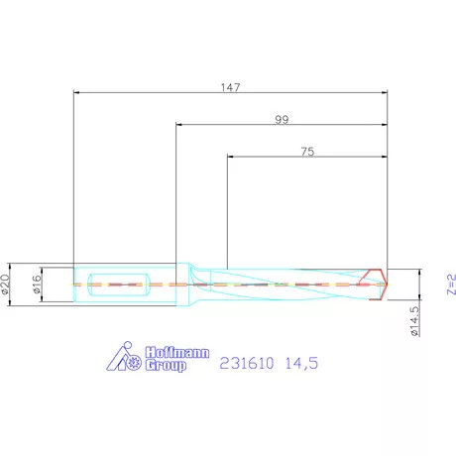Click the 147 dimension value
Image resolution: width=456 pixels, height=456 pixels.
click(230, 86)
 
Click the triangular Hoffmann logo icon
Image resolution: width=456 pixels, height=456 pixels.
click(123, 359)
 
